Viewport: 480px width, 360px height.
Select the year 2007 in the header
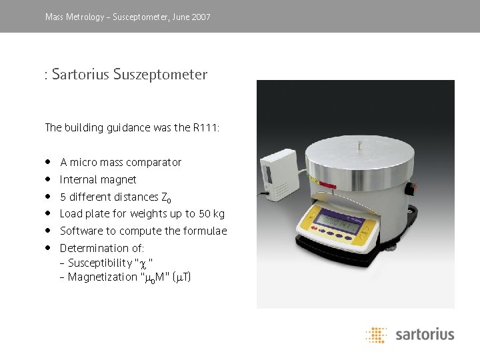click(x=200, y=17)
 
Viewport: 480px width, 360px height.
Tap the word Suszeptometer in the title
click(x=161, y=75)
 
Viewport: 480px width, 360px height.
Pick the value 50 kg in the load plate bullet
click(x=212, y=214)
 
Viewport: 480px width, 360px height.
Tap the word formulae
click(x=205, y=231)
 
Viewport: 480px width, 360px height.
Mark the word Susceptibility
click(x=100, y=263)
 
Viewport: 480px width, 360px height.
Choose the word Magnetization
click(x=100, y=277)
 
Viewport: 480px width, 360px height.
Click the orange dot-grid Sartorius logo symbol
click(x=377, y=335)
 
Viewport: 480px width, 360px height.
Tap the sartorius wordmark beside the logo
click(x=425, y=334)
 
